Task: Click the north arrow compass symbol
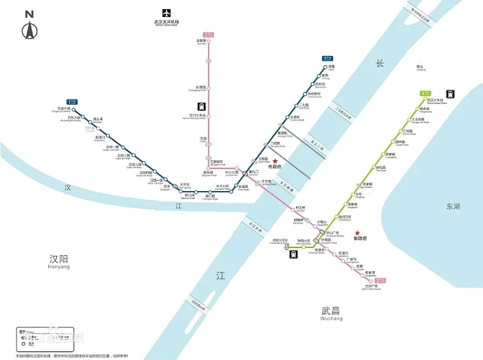29,30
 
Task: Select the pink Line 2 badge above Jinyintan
209,34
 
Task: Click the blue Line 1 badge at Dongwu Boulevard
72,102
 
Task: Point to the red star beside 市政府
276,161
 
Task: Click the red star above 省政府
357,233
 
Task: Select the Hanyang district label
59,260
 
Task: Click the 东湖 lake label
453,206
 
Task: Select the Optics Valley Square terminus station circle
376,280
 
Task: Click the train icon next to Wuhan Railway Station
450,94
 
